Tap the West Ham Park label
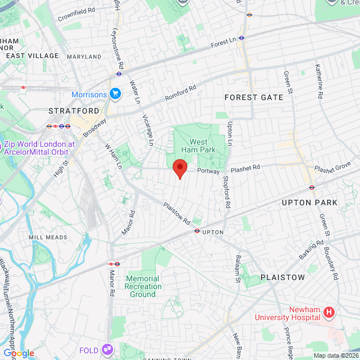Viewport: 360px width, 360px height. pos(198,146)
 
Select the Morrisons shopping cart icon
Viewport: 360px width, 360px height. pos(116,93)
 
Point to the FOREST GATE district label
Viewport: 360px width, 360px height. pos(254,97)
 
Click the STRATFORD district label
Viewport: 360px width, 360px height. pos(74,111)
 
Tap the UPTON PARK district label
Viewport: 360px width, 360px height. pos(309,202)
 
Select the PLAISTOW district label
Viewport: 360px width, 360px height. pos(282,277)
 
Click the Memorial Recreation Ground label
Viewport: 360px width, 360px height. pos(142,286)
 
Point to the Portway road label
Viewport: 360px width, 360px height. pos(208,170)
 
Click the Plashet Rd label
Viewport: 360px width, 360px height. pos(245,168)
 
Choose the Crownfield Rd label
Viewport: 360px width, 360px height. pos(76,15)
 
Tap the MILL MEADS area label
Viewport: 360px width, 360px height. pos(48,237)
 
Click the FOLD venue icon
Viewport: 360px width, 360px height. pos(107,350)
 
